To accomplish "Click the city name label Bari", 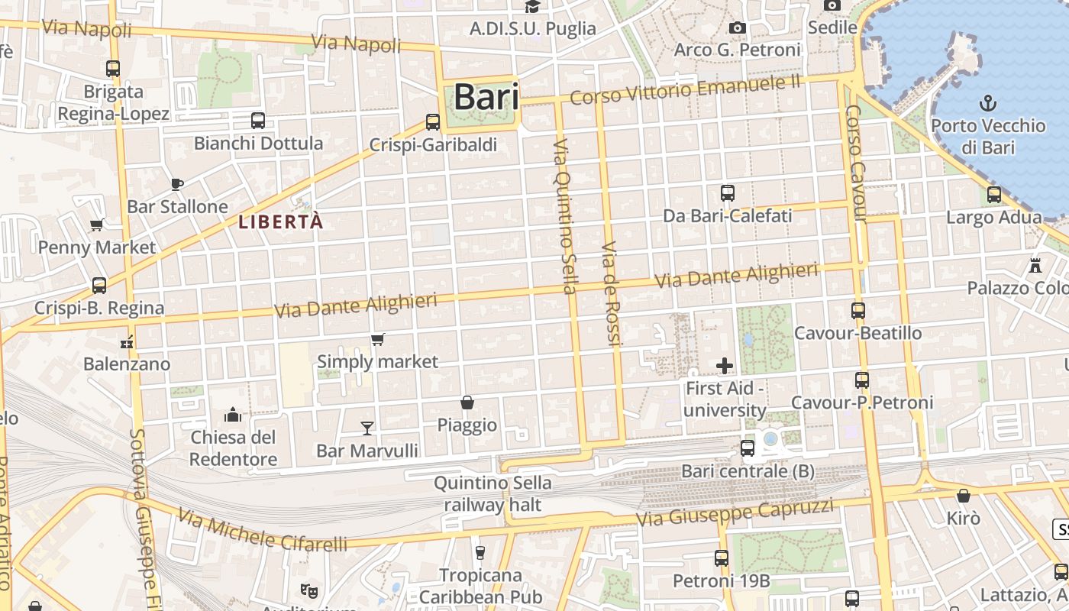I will point(486,98).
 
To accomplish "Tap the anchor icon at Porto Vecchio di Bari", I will point(988,102).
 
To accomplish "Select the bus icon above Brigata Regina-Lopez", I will point(113,68).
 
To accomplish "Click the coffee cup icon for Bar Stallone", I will point(176,183).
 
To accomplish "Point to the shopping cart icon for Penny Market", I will point(97,225).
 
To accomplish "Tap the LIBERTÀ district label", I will point(281,222).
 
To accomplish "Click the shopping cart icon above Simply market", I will point(377,339).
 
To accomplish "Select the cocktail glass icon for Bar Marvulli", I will point(367,428).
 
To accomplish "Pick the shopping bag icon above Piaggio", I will point(467,402).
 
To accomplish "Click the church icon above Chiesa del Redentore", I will point(233,415).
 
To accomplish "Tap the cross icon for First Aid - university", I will point(724,366).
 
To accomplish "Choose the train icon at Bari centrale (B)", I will point(747,448).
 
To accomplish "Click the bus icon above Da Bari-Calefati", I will point(727,193).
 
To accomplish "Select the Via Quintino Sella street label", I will point(564,216).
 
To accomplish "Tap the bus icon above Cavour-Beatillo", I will point(858,311).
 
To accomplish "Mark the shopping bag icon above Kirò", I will point(963,496).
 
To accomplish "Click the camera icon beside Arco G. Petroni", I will point(737,28).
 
